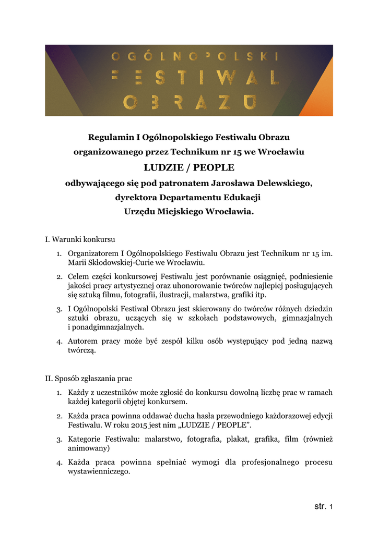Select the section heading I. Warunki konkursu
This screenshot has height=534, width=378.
80,240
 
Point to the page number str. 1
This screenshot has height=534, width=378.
324,506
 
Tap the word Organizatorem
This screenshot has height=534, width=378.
93,253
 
